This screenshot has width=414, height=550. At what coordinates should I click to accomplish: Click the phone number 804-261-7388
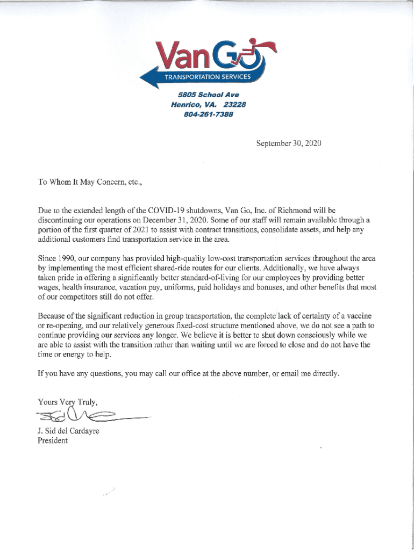pos(208,114)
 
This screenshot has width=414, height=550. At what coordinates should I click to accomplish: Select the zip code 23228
pos(234,105)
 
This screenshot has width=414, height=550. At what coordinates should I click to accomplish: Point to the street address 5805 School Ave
pos(208,95)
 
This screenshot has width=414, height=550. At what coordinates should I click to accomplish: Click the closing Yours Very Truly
pos(67,402)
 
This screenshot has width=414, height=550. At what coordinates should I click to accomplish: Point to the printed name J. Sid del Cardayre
pos(68,432)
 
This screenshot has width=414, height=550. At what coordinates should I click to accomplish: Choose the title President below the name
pos(53,441)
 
